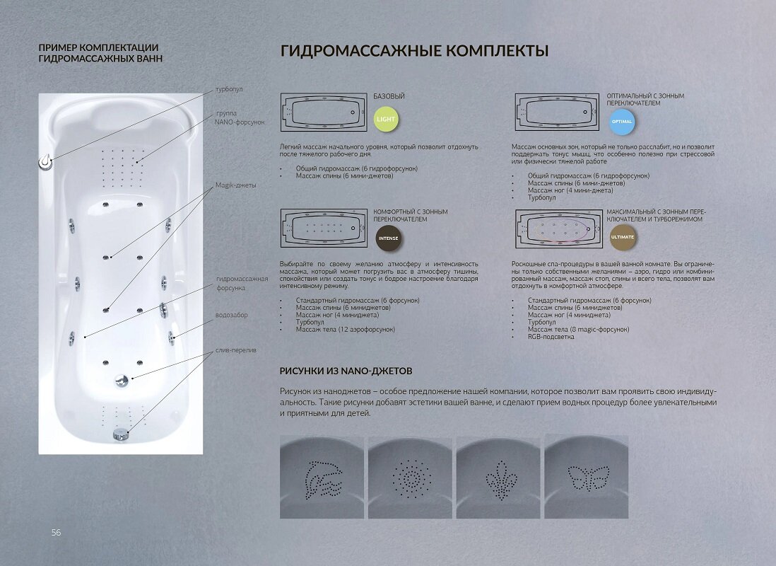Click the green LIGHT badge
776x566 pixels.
[386, 119]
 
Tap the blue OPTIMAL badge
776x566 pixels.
[621, 121]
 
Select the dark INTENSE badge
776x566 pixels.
[388, 238]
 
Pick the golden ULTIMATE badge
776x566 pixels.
[622, 237]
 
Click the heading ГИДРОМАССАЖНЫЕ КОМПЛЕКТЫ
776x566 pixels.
[415, 52]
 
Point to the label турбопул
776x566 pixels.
[229, 90]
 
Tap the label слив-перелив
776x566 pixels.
[235, 350]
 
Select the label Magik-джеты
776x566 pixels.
[235, 185]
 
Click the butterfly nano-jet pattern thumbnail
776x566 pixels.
[586, 476]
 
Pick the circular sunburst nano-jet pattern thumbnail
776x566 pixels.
[410, 476]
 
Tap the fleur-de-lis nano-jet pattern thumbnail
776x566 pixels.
[498, 476]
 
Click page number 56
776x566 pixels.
[56, 532]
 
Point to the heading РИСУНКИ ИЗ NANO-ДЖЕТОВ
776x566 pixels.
[346, 371]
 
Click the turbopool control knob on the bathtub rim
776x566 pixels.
[46, 163]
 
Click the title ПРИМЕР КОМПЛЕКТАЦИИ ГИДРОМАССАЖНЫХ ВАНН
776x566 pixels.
[100, 53]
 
